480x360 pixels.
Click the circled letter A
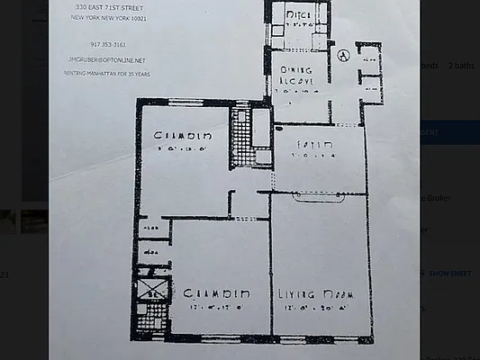tap(343, 54)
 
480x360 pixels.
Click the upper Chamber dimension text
tap(183, 149)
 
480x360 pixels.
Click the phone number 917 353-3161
tap(108, 43)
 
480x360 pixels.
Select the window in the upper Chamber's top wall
tap(186, 101)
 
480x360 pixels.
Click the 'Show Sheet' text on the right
tap(449, 273)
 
